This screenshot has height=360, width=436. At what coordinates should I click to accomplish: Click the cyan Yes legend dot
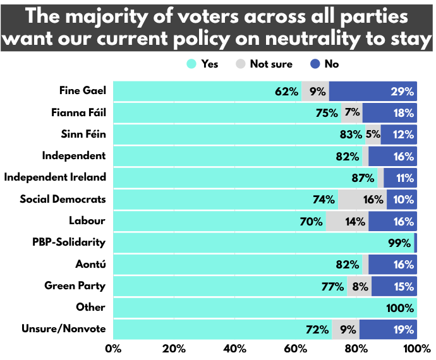pyautogui.click(x=191, y=64)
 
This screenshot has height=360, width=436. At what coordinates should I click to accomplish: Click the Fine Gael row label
pyautogui.click(x=82, y=90)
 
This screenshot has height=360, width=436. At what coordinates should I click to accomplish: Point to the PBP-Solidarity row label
pyautogui.click(x=69, y=242)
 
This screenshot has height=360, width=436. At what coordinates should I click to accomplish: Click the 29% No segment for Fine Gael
pyautogui.click(x=373, y=91)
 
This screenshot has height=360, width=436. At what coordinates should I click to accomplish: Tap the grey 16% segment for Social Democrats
pyautogui.click(x=362, y=200)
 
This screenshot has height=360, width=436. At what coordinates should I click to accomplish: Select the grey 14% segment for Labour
pyautogui.click(x=348, y=221)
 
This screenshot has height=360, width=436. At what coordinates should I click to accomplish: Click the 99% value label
pyautogui.click(x=399, y=243)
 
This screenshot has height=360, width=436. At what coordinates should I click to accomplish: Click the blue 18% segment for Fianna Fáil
pyautogui.click(x=390, y=112)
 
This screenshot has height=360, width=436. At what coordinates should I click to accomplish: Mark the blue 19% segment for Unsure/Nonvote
pyautogui.click(x=388, y=329)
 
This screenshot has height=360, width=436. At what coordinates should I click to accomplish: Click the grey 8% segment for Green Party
pyautogui.click(x=359, y=286)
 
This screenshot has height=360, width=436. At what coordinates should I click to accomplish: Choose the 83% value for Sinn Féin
pyautogui.click(x=349, y=135)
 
